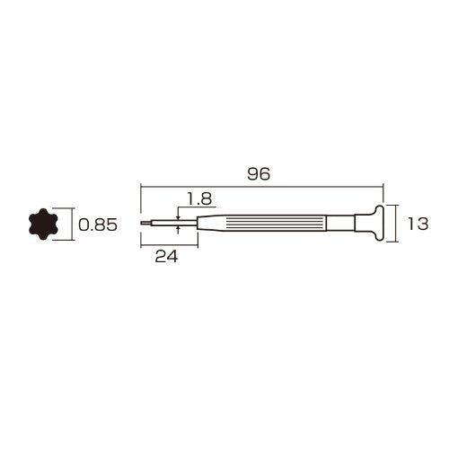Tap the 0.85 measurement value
click(x=98, y=225)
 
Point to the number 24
click(x=166, y=256)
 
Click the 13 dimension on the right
click(x=418, y=224)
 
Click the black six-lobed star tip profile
click(x=42, y=224)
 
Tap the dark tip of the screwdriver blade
click(x=145, y=223)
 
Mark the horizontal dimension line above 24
click(x=169, y=243)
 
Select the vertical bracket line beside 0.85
click(x=68, y=224)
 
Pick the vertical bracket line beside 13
click(x=396, y=224)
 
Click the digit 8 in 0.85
click(x=101, y=225)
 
